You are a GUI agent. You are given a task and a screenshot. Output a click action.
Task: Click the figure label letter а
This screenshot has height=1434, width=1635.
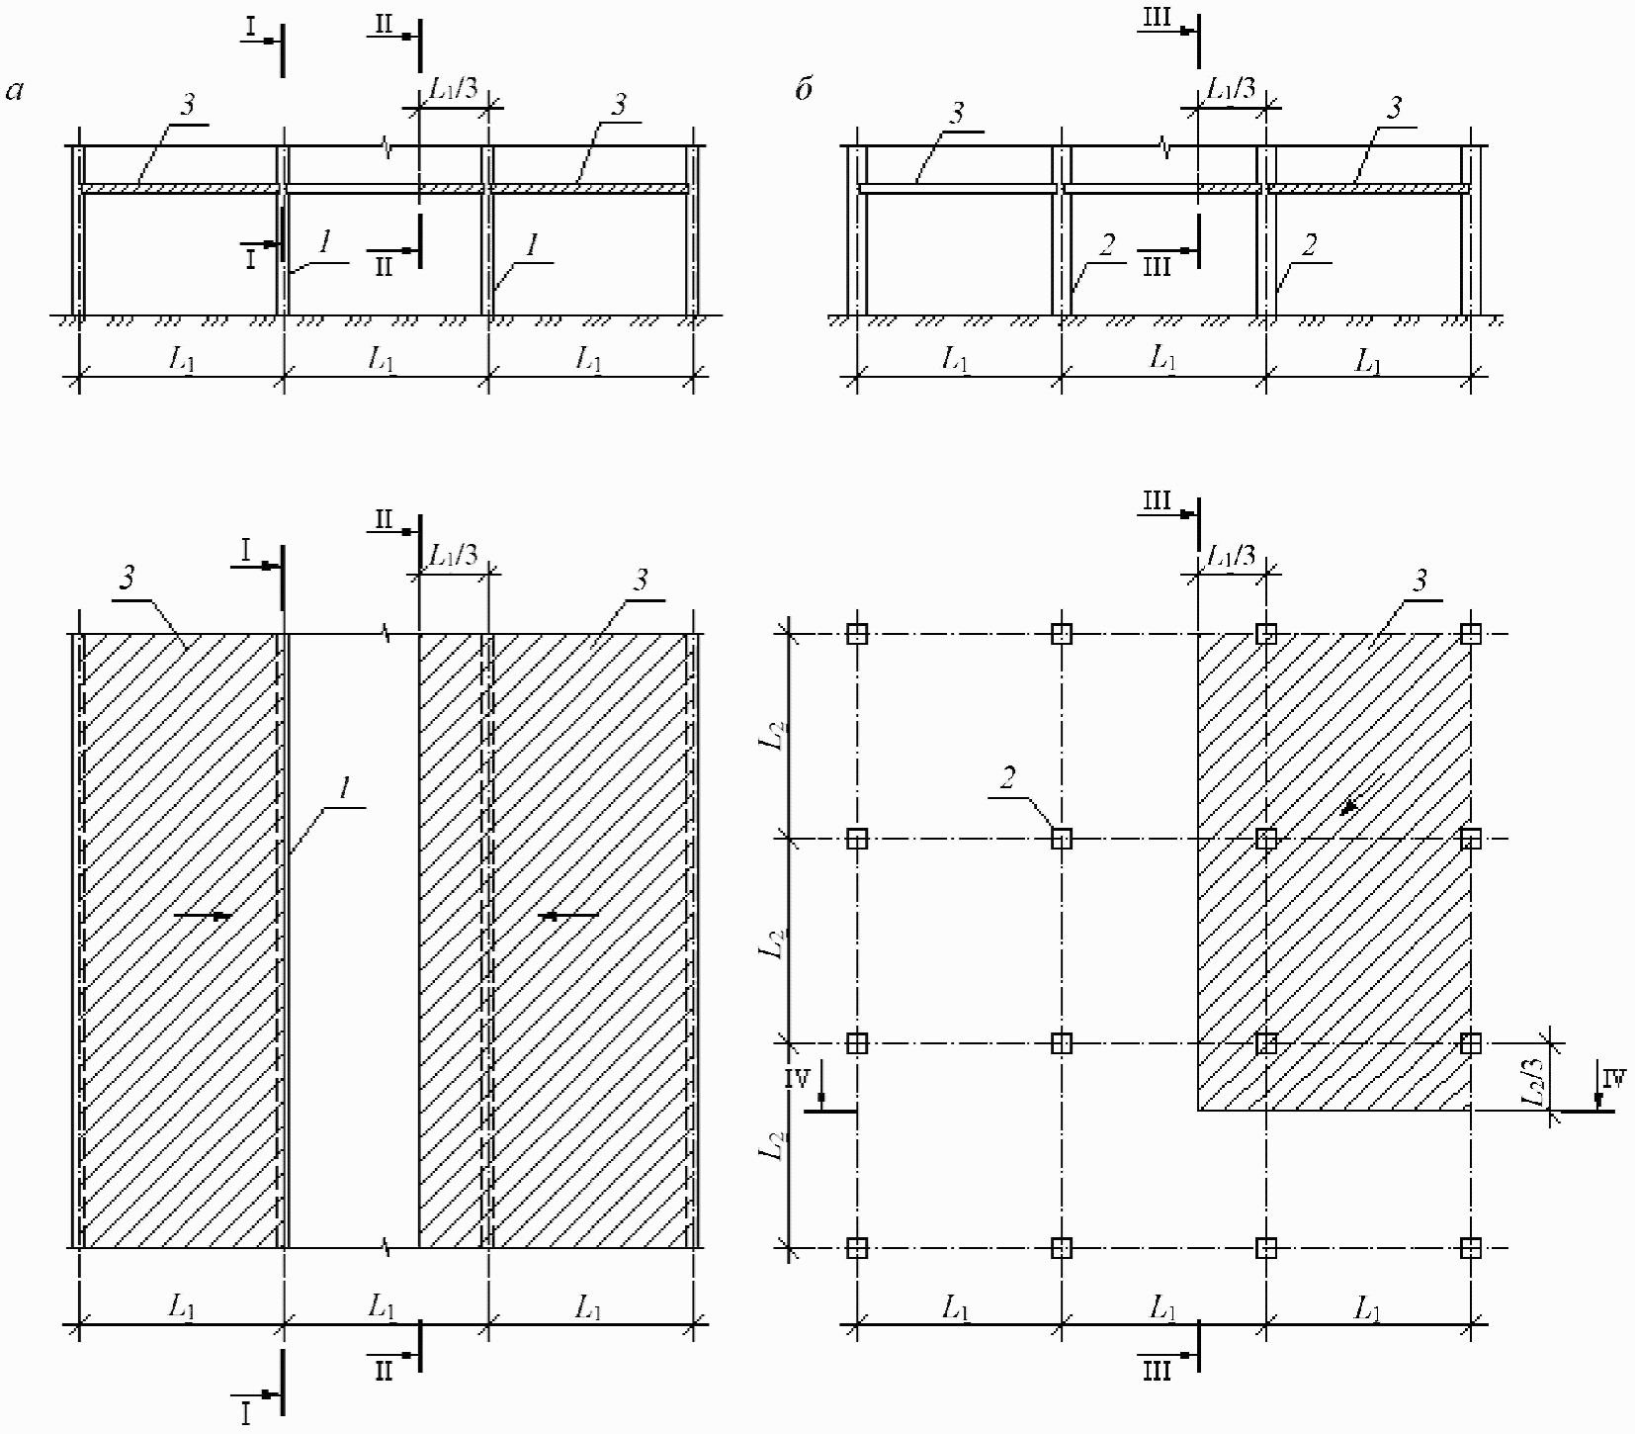click(14, 92)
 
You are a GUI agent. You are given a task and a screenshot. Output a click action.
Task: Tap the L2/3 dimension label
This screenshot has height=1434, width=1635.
click(1532, 1082)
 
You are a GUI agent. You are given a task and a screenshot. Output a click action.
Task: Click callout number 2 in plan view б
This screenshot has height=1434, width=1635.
click(1007, 778)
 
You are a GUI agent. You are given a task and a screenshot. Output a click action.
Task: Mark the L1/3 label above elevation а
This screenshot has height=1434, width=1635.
click(454, 88)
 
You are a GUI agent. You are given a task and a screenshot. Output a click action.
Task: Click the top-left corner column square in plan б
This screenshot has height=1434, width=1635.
click(857, 634)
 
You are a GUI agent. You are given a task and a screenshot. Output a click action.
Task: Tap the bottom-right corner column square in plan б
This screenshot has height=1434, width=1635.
click(1471, 1248)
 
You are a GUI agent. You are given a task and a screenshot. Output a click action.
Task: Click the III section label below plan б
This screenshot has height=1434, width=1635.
click(1157, 1371)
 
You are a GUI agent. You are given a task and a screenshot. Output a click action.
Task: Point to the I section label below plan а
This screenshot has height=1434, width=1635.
click(244, 1414)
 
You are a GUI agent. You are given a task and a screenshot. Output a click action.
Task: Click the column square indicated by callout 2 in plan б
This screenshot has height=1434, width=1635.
click(1061, 839)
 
